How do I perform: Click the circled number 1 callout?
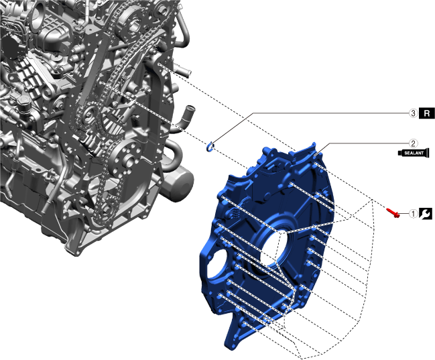[x=414, y=214]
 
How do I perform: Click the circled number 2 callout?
[x=414, y=143]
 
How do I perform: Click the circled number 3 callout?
[x=414, y=113]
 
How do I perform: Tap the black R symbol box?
[x=427, y=113]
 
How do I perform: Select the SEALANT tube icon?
[x=414, y=153]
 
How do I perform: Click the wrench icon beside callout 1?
[x=426, y=214]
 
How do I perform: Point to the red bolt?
[x=393, y=213]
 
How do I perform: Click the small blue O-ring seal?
[x=210, y=147]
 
